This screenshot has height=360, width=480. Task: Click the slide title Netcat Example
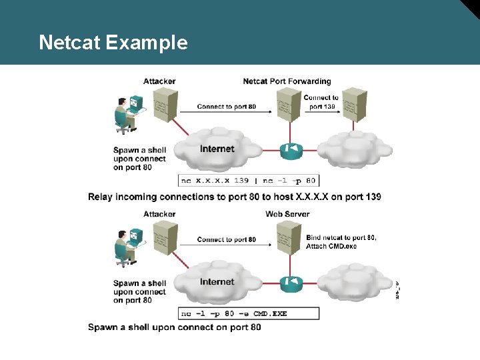tap(113, 43)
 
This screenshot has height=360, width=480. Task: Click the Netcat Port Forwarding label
tap(287, 81)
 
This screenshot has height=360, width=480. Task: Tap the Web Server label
tap(287, 214)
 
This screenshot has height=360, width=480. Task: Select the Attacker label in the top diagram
tap(159, 81)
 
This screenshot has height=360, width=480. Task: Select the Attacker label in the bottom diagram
tap(159, 214)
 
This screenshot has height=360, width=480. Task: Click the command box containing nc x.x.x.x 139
tap(249, 181)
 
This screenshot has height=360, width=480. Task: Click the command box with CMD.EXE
tap(249, 313)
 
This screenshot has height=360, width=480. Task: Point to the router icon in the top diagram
tap(291, 150)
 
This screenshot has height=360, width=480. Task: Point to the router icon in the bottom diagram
tap(291, 283)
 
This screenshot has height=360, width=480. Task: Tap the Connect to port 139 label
tap(321, 102)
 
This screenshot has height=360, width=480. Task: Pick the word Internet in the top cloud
tap(217, 149)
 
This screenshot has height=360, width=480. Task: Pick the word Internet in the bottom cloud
tap(217, 281)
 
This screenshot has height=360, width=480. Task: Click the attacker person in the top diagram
tap(125, 113)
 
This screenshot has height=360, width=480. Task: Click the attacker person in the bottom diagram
tap(125, 246)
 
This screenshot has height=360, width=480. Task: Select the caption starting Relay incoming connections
tap(235, 197)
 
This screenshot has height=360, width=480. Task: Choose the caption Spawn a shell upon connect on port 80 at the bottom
tap(175, 327)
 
